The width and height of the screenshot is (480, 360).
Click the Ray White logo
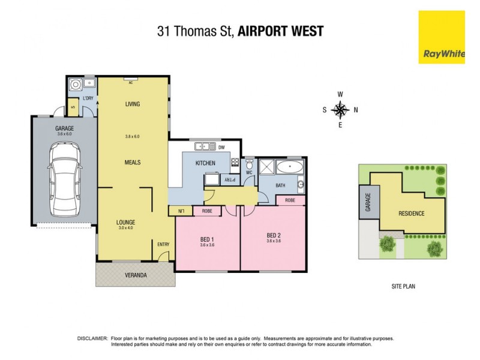pos(442,37)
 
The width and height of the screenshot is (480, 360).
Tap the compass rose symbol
pos(340,109)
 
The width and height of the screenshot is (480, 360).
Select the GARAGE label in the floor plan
pos(64,128)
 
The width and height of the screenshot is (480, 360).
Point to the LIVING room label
pos(132,104)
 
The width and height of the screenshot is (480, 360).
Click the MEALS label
pos(132,162)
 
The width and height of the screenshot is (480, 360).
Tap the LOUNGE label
pos(126,221)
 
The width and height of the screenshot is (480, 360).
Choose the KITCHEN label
pos(205,163)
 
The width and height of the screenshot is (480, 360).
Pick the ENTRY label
pos(163,244)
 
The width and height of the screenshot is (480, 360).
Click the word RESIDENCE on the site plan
pos(412,214)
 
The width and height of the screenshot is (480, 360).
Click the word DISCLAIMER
pos(93,338)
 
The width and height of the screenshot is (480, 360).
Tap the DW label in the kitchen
pos(221,147)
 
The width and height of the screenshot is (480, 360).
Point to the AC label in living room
pos(130,83)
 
